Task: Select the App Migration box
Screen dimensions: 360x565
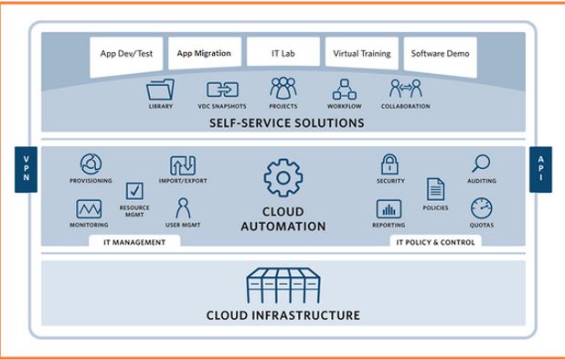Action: point(204,54)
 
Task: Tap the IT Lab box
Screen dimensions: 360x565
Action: point(282,54)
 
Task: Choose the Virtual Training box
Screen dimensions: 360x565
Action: point(361,54)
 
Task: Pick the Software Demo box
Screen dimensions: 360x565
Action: point(440,54)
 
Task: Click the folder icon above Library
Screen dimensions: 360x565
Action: point(161,90)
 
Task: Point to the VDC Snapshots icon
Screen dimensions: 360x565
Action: point(222,90)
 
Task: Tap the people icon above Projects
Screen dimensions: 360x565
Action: point(283,89)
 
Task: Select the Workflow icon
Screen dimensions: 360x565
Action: point(345,90)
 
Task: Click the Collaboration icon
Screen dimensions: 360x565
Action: point(404,90)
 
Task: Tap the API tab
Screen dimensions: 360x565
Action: point(540,169)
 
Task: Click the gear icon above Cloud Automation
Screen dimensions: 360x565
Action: point(282,176)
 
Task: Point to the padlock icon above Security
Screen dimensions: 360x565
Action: point(390,164)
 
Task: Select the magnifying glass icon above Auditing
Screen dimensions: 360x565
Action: point(481,164)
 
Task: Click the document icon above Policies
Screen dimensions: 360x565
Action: point(435,189)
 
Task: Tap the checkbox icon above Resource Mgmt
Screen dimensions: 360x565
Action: point(134,190)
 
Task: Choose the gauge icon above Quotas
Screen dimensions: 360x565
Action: point(481,207)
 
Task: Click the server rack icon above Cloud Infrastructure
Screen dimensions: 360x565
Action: point(282,286)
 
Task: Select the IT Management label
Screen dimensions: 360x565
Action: point(133,242)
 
